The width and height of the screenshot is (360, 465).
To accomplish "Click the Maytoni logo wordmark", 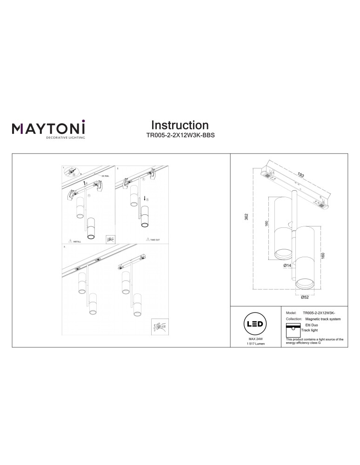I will [48, 128].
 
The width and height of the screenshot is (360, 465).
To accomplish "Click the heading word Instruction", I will [180, 125].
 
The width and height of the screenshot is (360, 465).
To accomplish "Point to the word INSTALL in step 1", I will [77, 242].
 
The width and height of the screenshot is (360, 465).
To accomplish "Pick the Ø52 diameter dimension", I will [305, 297].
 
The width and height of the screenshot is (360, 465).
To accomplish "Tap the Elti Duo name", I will [312, 326].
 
